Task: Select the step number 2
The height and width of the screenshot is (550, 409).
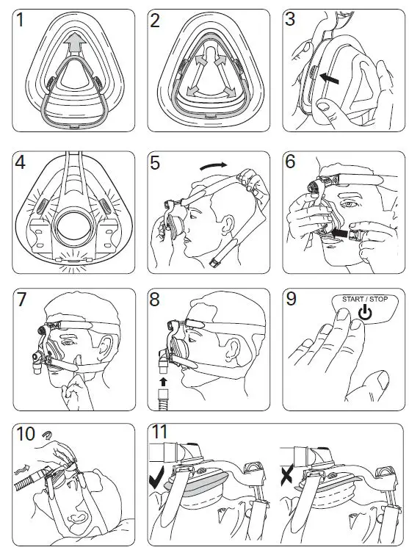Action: pyautogui.click(x=156, y=21)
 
